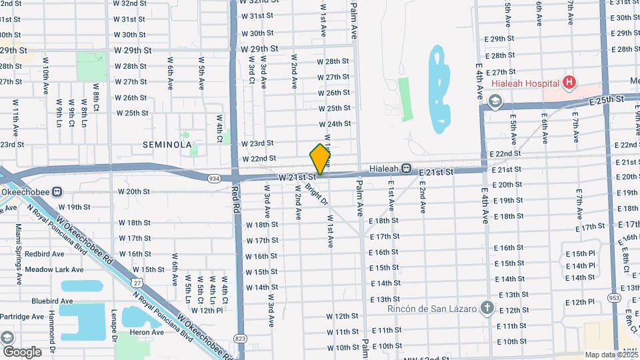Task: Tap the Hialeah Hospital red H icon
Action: click(569, 83)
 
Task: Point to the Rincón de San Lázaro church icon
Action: click(487, 308)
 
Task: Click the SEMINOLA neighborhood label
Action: click(167, 144)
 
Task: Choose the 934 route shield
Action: click(214, 179)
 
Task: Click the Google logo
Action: click(21, 352)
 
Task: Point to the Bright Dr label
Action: click(317, 193)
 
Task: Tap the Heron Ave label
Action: click(147, 332)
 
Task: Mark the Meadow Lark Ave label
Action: click(54, 269)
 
